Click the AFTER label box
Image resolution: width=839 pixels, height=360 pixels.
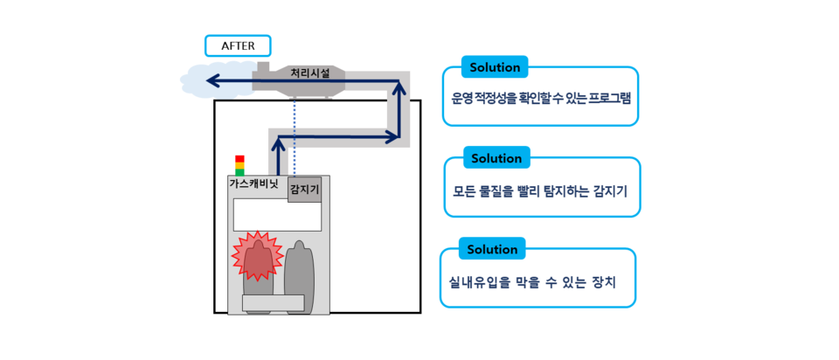(238, 45)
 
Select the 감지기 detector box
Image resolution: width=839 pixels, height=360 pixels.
(304, 189)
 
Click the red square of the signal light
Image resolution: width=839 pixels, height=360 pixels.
(239, 159)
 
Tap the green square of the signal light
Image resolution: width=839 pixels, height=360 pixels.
(239, 173)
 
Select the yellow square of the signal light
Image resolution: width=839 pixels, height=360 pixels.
(239, 166)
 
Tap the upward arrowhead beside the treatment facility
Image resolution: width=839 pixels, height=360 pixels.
(399, 88)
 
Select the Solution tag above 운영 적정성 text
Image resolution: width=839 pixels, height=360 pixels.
(495, 67)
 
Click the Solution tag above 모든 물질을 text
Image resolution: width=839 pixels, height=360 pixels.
(496, 158)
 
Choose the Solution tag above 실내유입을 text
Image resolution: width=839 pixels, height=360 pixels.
(492, 249)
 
